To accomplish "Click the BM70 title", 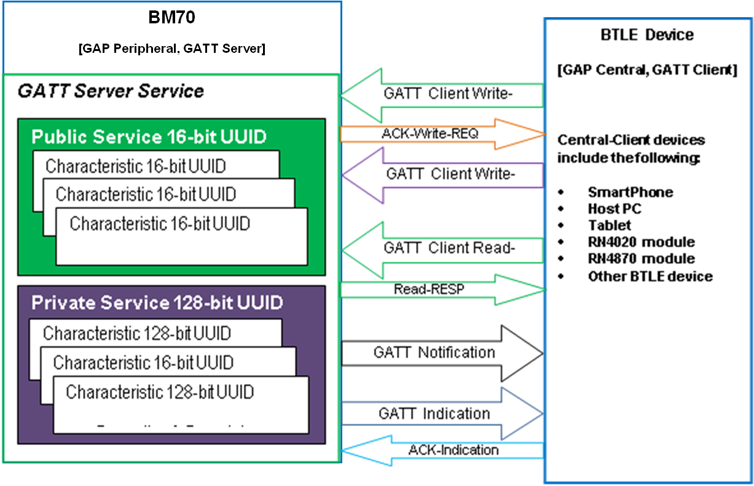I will click(171, 18).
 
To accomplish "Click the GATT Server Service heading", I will click(111, 92).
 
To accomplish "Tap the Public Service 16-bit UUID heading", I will click(149, 136).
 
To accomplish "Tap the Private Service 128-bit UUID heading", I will click(157, 303).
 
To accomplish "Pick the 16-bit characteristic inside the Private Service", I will click(143, 363).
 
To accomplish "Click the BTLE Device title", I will click(646, 35).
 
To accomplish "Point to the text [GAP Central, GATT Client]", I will click(647, 70).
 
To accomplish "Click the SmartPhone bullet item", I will click(630, 192).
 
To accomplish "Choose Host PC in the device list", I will click(615, 209).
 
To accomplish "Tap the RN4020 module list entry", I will click(641, 242).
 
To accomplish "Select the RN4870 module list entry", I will click(641, 259).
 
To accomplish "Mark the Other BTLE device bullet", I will click(650, 276).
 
